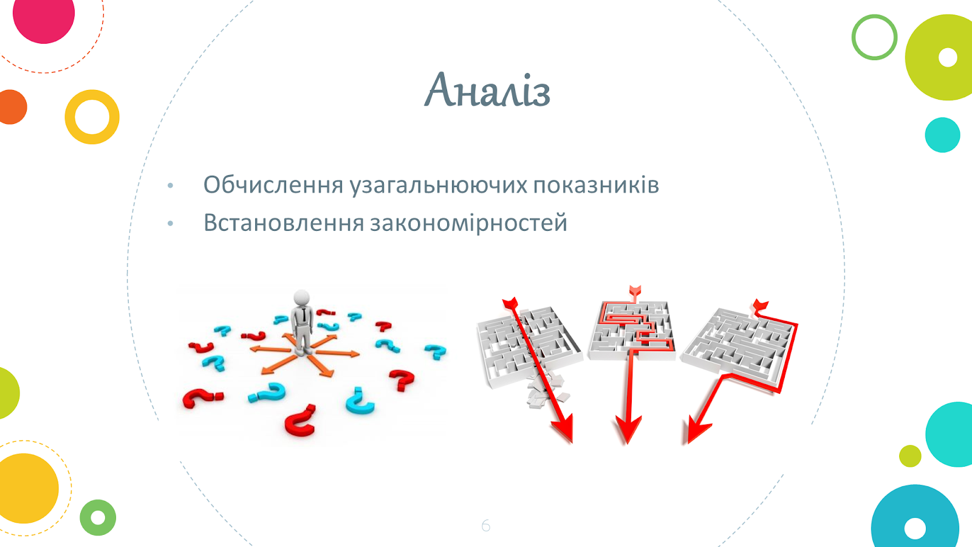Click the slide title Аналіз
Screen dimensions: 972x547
click(x=487, y=90)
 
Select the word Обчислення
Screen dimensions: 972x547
click(x=273, y=185)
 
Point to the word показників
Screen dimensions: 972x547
click(x=596, y=185)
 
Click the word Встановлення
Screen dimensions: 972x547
click(x=283, y=222)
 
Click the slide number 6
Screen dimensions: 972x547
click(x=485, y=525)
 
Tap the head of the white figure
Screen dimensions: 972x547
click(x=301, y=298)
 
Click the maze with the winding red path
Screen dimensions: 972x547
click(x=631, y=331)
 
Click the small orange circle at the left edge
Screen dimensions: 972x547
click(x=12, y=107)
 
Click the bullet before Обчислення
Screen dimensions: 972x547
click(x=170, y=186)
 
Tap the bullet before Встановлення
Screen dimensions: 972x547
click(x=170, y=224)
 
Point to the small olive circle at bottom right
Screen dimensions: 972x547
click(x=910, y=456)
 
